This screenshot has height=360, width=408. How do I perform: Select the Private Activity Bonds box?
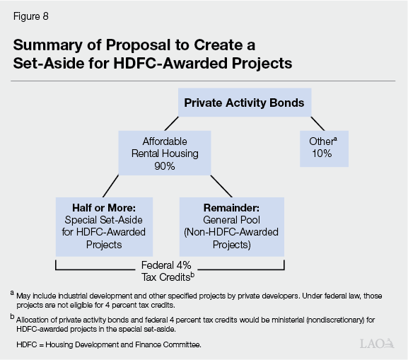(244, 103)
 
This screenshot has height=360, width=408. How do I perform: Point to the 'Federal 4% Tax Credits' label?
(170, 269)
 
